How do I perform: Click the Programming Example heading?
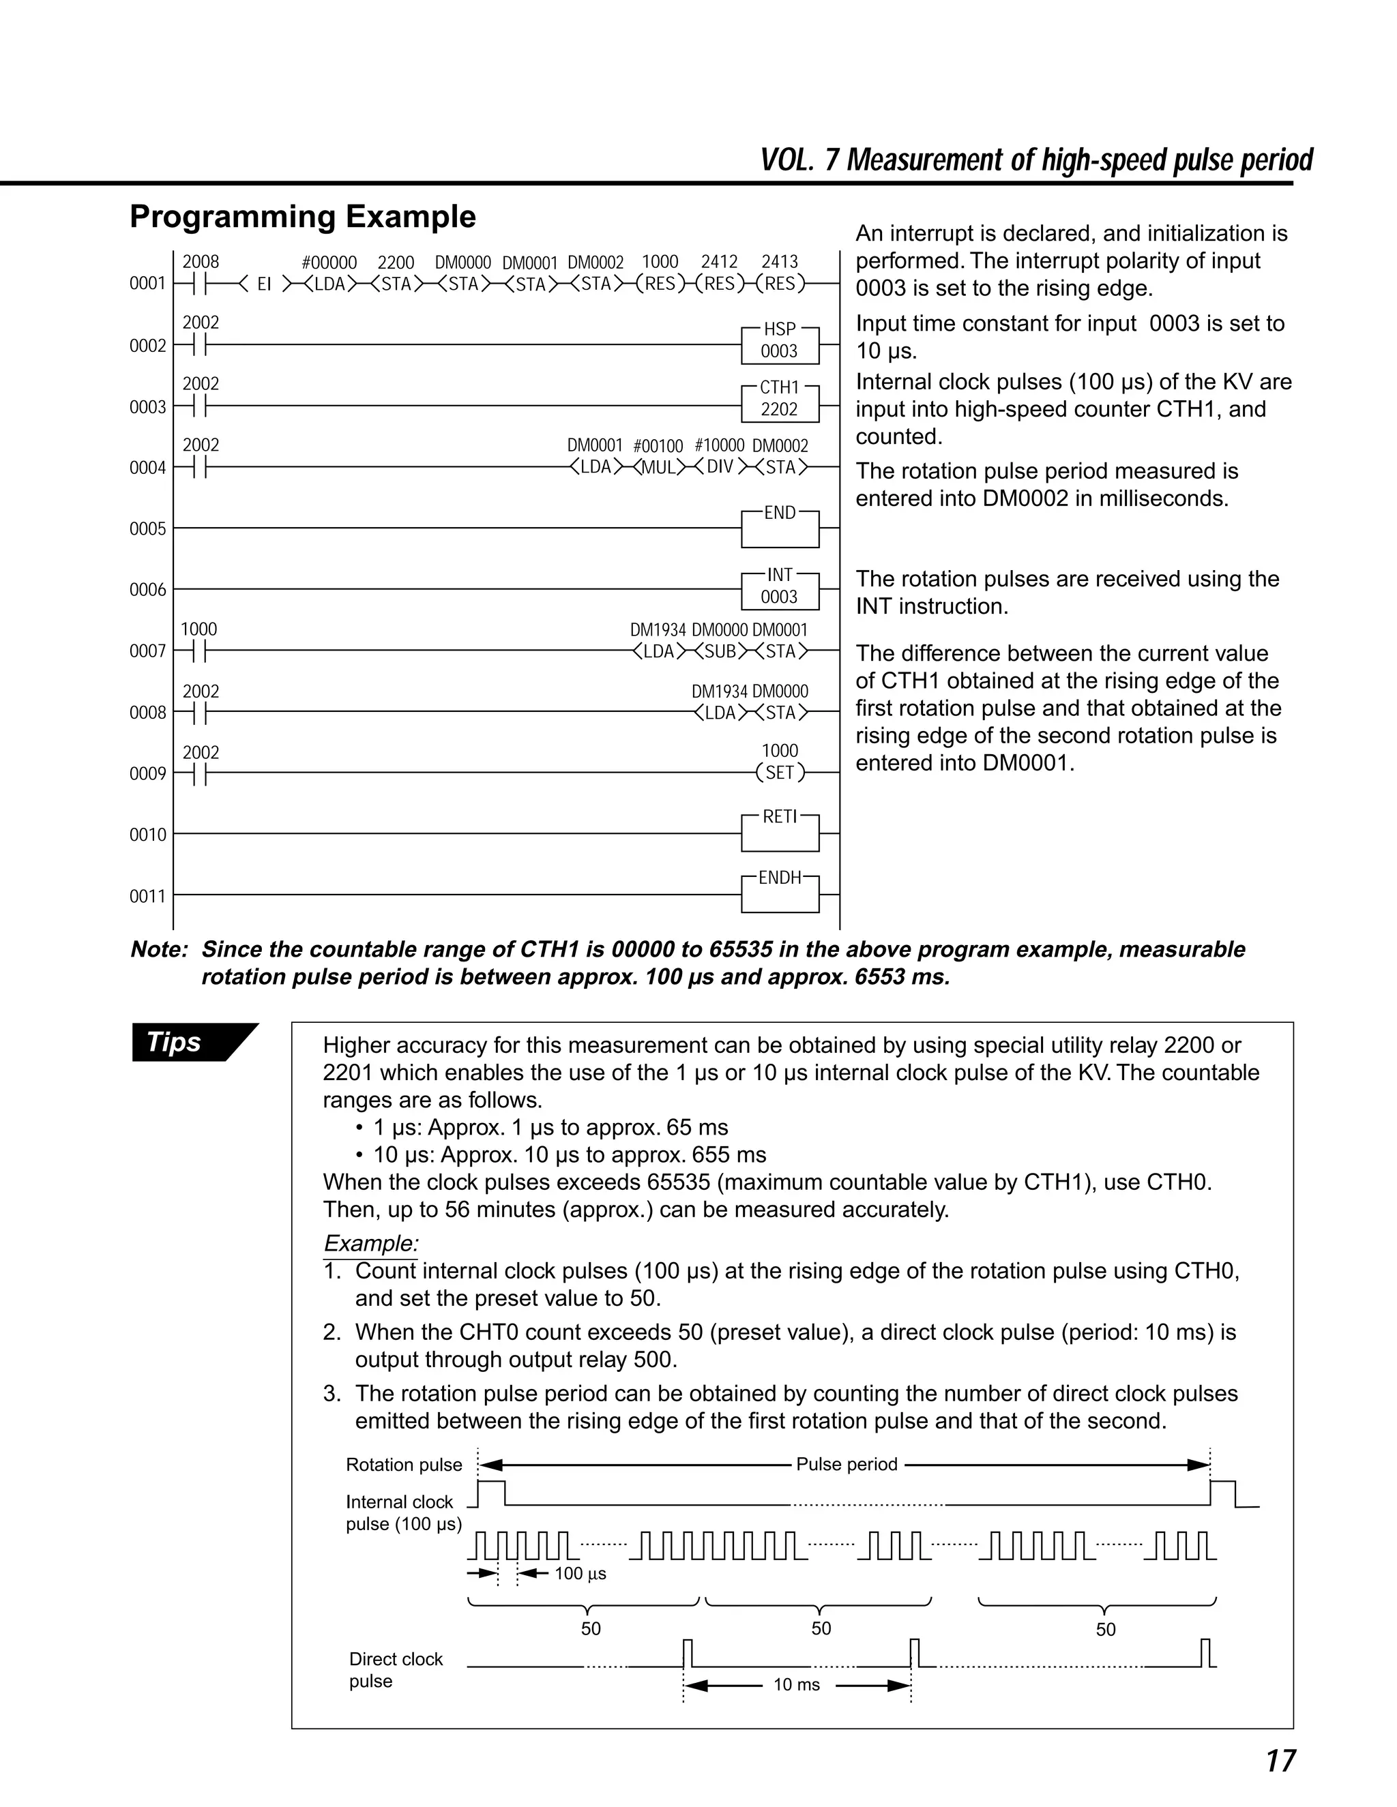click(x=303, y=217)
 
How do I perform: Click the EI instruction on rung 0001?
click(x=264, y=284)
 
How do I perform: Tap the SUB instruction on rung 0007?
click(x=720, y=651)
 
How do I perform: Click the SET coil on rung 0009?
click(x=780, y=773)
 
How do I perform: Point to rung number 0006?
click(x=147, y=590)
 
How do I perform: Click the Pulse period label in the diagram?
click(x=847, y=1465)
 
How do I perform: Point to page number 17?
click(x=1280, y=1761)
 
